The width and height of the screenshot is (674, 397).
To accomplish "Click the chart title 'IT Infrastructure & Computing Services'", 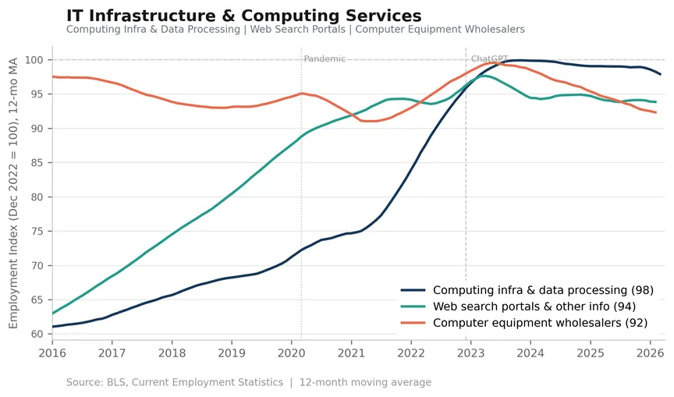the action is click(x=243, y=16).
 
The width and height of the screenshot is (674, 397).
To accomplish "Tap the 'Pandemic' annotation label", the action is click(x=325, y=58).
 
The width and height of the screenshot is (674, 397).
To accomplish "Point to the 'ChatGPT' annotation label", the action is click(x=490, y=58).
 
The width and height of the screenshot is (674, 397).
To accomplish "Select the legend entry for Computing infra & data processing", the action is click(x=527, y=290).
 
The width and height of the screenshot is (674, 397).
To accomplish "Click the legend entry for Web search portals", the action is click(x=518, y=307).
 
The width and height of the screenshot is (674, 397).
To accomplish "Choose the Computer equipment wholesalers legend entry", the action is click(x=524, y=323).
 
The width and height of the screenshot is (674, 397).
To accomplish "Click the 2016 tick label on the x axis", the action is click(x=52, y=353).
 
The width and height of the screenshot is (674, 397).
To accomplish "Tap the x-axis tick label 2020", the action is click(x=292, y=353).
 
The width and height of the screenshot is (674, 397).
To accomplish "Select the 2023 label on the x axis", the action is click(x=470, y=353).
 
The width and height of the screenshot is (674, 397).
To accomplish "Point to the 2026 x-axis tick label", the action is click(x=650, y=353).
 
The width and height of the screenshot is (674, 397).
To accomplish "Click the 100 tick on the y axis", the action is click(x=34, y=60).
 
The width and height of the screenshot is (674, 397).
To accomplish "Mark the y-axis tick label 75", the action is click(x=37, y=231).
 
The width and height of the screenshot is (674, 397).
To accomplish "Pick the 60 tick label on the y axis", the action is click(x=37, y=334).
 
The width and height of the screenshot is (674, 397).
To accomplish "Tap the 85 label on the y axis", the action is click(x=37, y=163).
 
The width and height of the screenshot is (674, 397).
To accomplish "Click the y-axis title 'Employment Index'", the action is click(x=13, y=193).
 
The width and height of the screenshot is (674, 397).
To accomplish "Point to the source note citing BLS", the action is click(x=248, y=382).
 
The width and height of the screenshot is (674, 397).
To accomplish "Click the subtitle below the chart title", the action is click(x=296, y=29).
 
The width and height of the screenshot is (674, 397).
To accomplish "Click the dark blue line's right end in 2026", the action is click(x=660, y=74).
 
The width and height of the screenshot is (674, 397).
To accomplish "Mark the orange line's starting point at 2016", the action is click(x=52, y=76).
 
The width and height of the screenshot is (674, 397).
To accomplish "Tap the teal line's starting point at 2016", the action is click(x=52, y=314).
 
